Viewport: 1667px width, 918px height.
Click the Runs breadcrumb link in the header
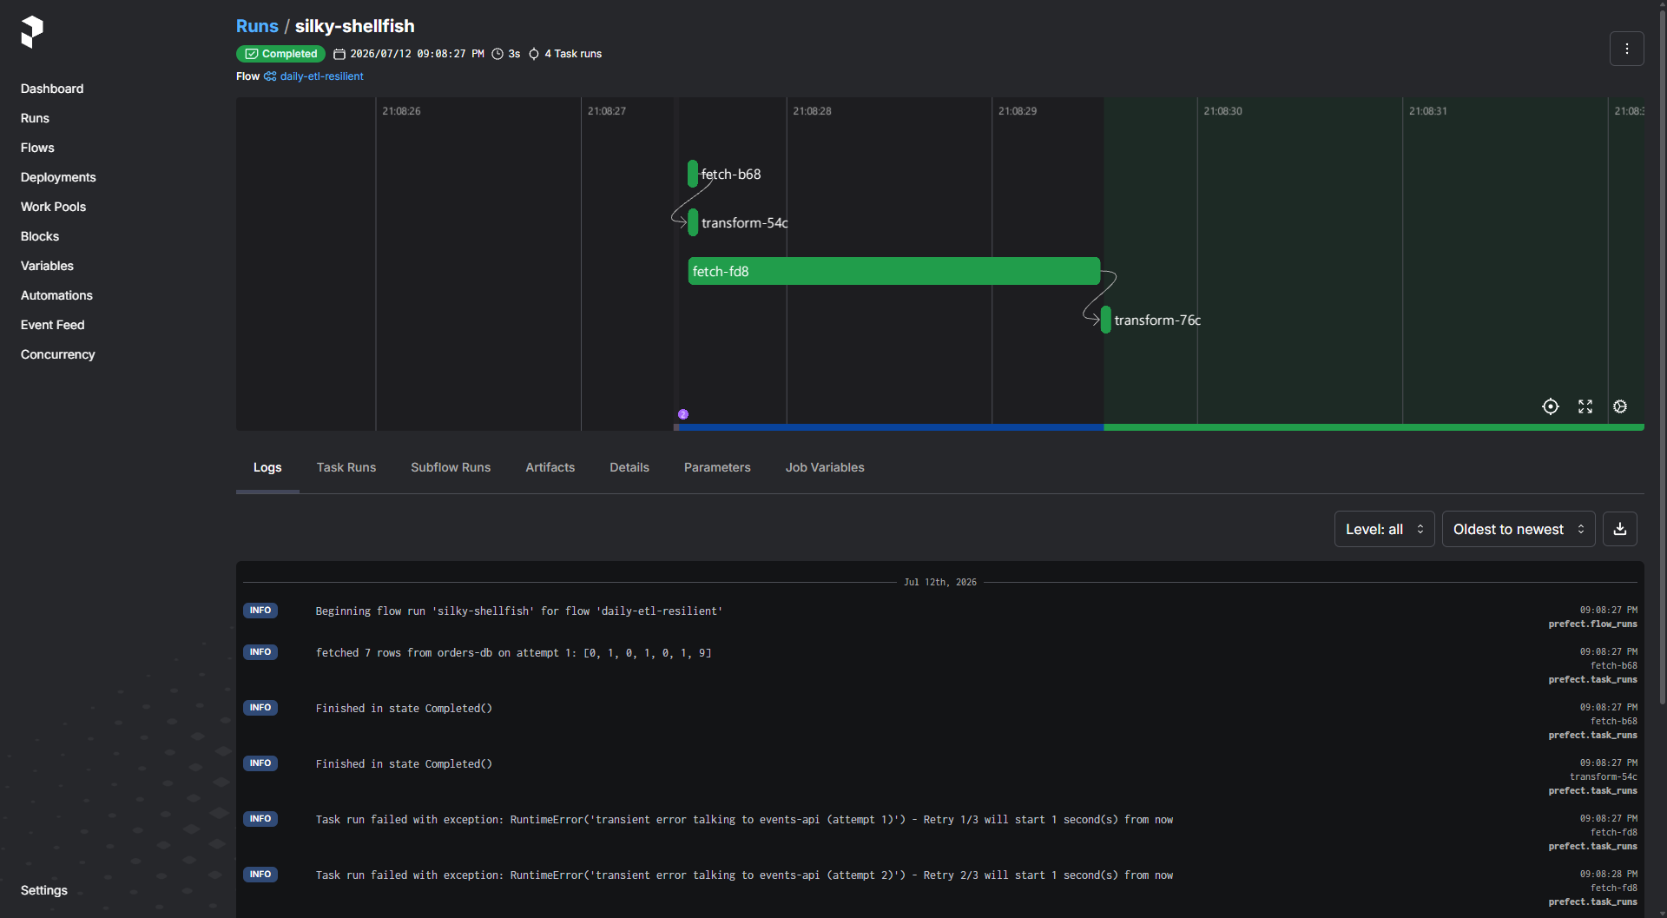[x=257, y=26]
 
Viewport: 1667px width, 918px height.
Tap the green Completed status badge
[x=280, y=54]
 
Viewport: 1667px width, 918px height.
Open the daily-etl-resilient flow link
[x=321, y=76]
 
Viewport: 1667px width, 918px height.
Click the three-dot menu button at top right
[x=1626, y=49]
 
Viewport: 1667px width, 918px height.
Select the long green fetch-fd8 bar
[x=894, y=271]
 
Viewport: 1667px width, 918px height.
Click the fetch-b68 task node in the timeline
[x=693, y=174]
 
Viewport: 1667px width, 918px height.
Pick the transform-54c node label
[x=744, y=223]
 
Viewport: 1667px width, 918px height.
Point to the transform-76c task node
[x=1106, y=320]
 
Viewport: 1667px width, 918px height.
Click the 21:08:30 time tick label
[x=1222, y=111]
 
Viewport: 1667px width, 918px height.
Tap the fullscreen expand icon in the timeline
[x=1585, y=406]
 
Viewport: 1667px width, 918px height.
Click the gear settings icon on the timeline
[x=1620, y=406]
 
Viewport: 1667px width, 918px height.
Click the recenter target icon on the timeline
[x=1551, y=406]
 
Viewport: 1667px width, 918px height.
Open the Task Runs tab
[x=346, y=467]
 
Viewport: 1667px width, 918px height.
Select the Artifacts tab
[x=550, y=467]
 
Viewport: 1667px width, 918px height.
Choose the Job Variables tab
[x=825, y=467]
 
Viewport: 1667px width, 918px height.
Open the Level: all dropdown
[x=1384, y=529]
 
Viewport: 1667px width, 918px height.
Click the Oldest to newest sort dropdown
[x=1519, y=529]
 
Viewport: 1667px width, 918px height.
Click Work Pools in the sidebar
[x=53, y=207]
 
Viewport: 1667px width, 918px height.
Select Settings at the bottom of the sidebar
[x=44, y=890]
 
